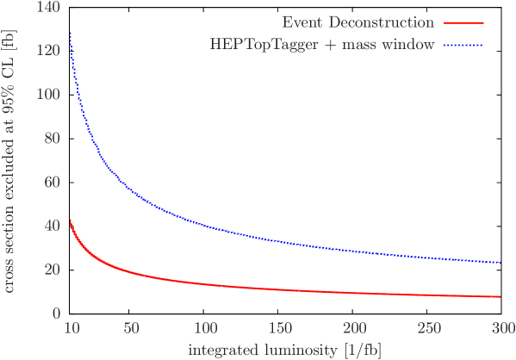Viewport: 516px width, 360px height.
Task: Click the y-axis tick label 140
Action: [49, 7]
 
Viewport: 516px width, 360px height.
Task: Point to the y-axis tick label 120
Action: [49, 51]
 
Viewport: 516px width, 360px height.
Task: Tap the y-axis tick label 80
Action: [53, 138]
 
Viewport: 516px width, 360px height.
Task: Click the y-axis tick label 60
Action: [53, 182]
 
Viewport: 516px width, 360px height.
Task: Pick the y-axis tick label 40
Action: [53, 226]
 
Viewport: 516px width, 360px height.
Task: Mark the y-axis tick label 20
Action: [53, 270]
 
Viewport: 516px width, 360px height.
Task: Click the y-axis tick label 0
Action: [56, 313]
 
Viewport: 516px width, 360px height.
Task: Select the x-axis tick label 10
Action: [71, 329]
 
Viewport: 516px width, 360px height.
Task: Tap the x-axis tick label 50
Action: [131, 329]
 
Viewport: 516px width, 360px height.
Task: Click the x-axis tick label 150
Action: [279, 329]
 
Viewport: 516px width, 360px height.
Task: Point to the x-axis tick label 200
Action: [353, 329]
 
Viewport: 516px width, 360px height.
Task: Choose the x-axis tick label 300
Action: [501, 329]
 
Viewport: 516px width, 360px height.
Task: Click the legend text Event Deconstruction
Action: [357, 22]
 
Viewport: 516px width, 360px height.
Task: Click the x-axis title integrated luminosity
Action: [286, 350]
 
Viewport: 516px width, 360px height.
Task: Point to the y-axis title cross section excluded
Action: [9, 159]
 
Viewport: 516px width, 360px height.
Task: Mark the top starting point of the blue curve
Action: [71, 34]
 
